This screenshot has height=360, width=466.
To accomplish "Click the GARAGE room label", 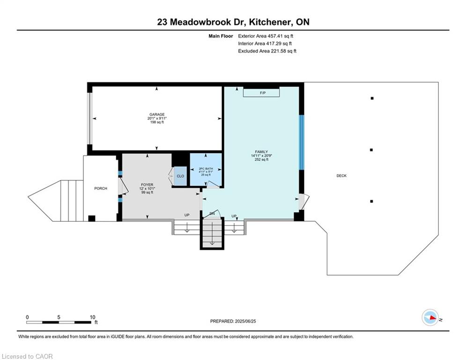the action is click(157, 114).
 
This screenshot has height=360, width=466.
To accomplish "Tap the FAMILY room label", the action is click(261, 152).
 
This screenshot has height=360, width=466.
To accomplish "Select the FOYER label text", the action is click(147, 185).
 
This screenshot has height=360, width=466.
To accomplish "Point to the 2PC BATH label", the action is click(206, 169).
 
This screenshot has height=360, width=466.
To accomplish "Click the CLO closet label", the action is click(180, 176).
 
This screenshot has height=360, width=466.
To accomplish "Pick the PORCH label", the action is click(101, 188).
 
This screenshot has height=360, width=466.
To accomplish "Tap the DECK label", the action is click(341, 175).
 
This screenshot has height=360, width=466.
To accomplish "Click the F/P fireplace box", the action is click(261, 92).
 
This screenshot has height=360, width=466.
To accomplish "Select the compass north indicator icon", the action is click(430, 317).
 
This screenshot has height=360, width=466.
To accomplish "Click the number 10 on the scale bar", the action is click(92, 317).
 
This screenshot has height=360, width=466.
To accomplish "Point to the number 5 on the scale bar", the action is click(59, 317).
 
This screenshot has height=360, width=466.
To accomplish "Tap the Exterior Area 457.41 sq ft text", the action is click(266, 36).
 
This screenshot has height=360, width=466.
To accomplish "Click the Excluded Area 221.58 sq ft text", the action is click(267, 51).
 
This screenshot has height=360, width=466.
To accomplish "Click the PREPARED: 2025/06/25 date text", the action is click(233, 321).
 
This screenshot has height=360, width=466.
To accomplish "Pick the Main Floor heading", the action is click(221, 36).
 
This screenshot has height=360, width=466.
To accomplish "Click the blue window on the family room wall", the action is click(301, 142).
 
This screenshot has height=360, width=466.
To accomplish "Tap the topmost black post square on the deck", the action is click(372, 98).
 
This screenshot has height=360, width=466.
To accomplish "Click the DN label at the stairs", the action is click(212, 214).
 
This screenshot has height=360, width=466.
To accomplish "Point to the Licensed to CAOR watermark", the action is click(27, 356).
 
